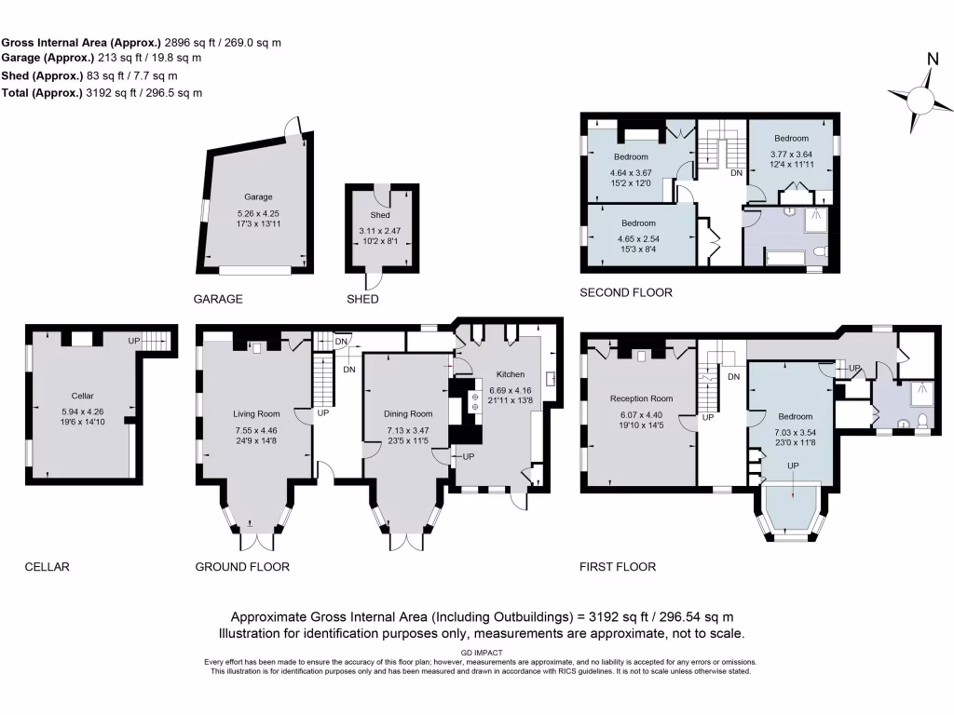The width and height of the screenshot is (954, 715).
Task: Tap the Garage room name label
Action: point(258,197)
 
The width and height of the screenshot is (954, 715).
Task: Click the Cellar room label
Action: point(83,396)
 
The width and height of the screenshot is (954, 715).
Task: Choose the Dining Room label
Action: point(408,413)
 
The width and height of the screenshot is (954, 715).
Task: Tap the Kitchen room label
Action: point(510,374)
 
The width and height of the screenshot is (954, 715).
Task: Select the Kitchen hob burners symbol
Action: point(473,403)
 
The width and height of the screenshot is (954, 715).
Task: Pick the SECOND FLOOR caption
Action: point(625,292)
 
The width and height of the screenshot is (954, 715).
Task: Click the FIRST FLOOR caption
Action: point(618,566)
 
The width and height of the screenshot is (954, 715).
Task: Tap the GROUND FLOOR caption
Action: point(242,566)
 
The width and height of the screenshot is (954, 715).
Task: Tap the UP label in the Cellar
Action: point(134,342)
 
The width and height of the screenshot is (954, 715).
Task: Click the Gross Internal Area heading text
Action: point(81,43)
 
